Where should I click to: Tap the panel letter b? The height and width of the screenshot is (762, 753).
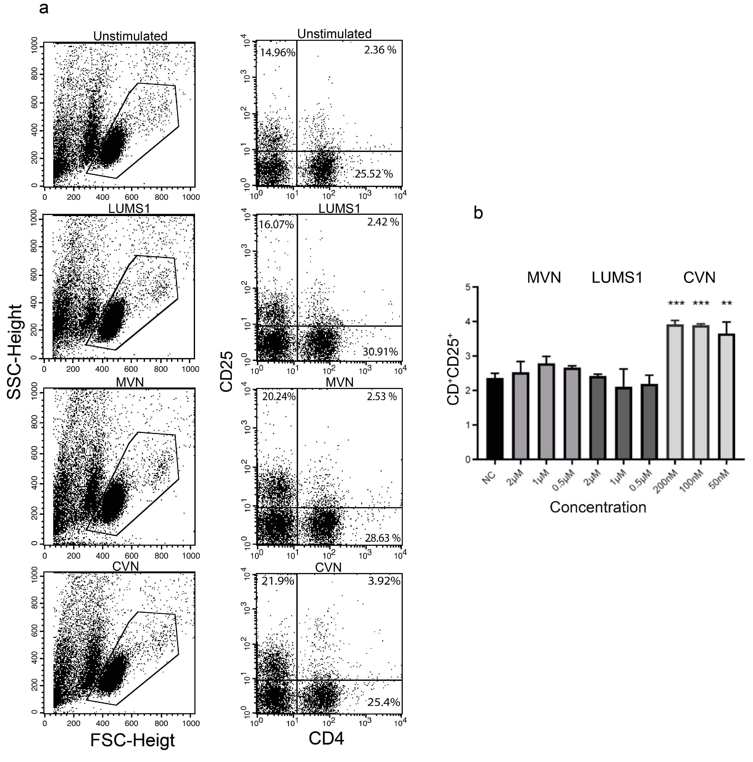point(478,213)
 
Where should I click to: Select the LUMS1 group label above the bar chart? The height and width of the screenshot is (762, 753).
point(617,278)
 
